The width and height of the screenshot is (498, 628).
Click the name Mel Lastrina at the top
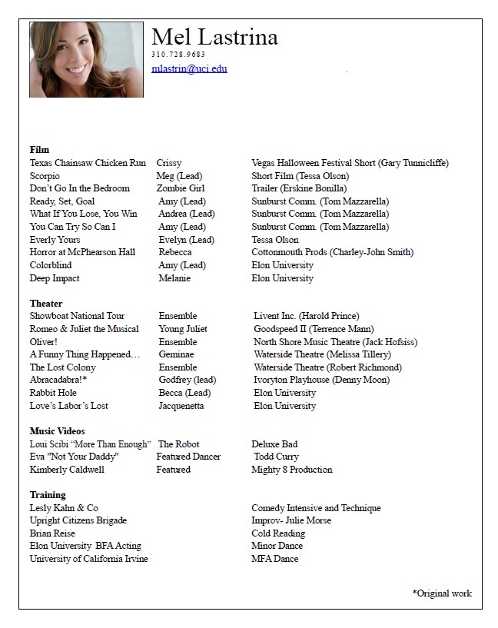tap(214, 37)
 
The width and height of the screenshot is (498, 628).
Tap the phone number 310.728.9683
tap(178, 55)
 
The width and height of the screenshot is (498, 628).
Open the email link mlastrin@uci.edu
tap(189, 68)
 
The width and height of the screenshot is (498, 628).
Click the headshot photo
tap(86, 59)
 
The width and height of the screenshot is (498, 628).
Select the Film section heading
tap(39, 150)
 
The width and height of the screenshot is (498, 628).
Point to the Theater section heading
tap(46, 304)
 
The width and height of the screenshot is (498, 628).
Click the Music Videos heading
tap(57, 431)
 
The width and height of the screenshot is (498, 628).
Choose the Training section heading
tap(48, 495)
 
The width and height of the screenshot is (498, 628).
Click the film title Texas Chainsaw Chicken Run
tap(88, 163)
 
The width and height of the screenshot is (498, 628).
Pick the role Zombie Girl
tap(181, 188)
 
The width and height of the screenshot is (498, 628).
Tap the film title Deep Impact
tap(55, 278)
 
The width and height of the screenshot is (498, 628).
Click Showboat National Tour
tap(77, 316)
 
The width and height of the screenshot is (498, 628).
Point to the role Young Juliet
tap(183, 329)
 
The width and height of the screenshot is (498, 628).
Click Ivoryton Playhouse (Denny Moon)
tap(321, 380)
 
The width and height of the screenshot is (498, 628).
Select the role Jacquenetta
tap(181, 406)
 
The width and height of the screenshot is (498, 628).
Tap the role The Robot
tap(178, 444)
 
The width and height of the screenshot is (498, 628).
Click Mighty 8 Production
tap(292, 470)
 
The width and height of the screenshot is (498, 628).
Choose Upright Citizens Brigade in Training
tap(78, 520)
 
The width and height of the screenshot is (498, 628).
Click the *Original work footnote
tap(442, 593)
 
